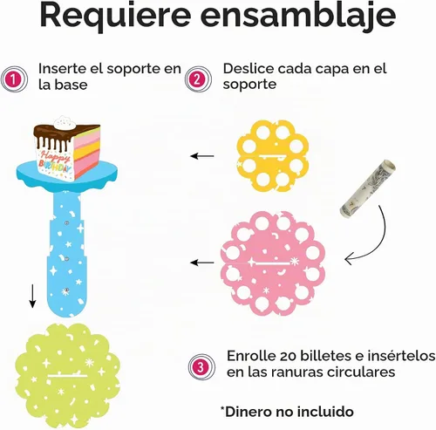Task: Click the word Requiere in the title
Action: click(115, 17)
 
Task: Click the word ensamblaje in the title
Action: click(298, 15)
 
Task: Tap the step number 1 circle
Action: click(14, 79)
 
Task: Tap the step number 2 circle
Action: click(198, 79)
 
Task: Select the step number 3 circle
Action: click(201, 367)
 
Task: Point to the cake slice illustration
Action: click(67, 148)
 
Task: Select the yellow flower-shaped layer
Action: click(273, 155)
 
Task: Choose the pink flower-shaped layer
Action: click(272, 263)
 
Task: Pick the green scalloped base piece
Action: click(67, 376)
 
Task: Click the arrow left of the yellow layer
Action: click(202, 156)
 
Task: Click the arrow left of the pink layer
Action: click(202, 263)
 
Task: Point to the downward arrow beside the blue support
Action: click(32, 296)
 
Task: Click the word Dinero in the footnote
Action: click(249, 412)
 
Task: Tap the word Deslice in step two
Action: click(249, 69)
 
